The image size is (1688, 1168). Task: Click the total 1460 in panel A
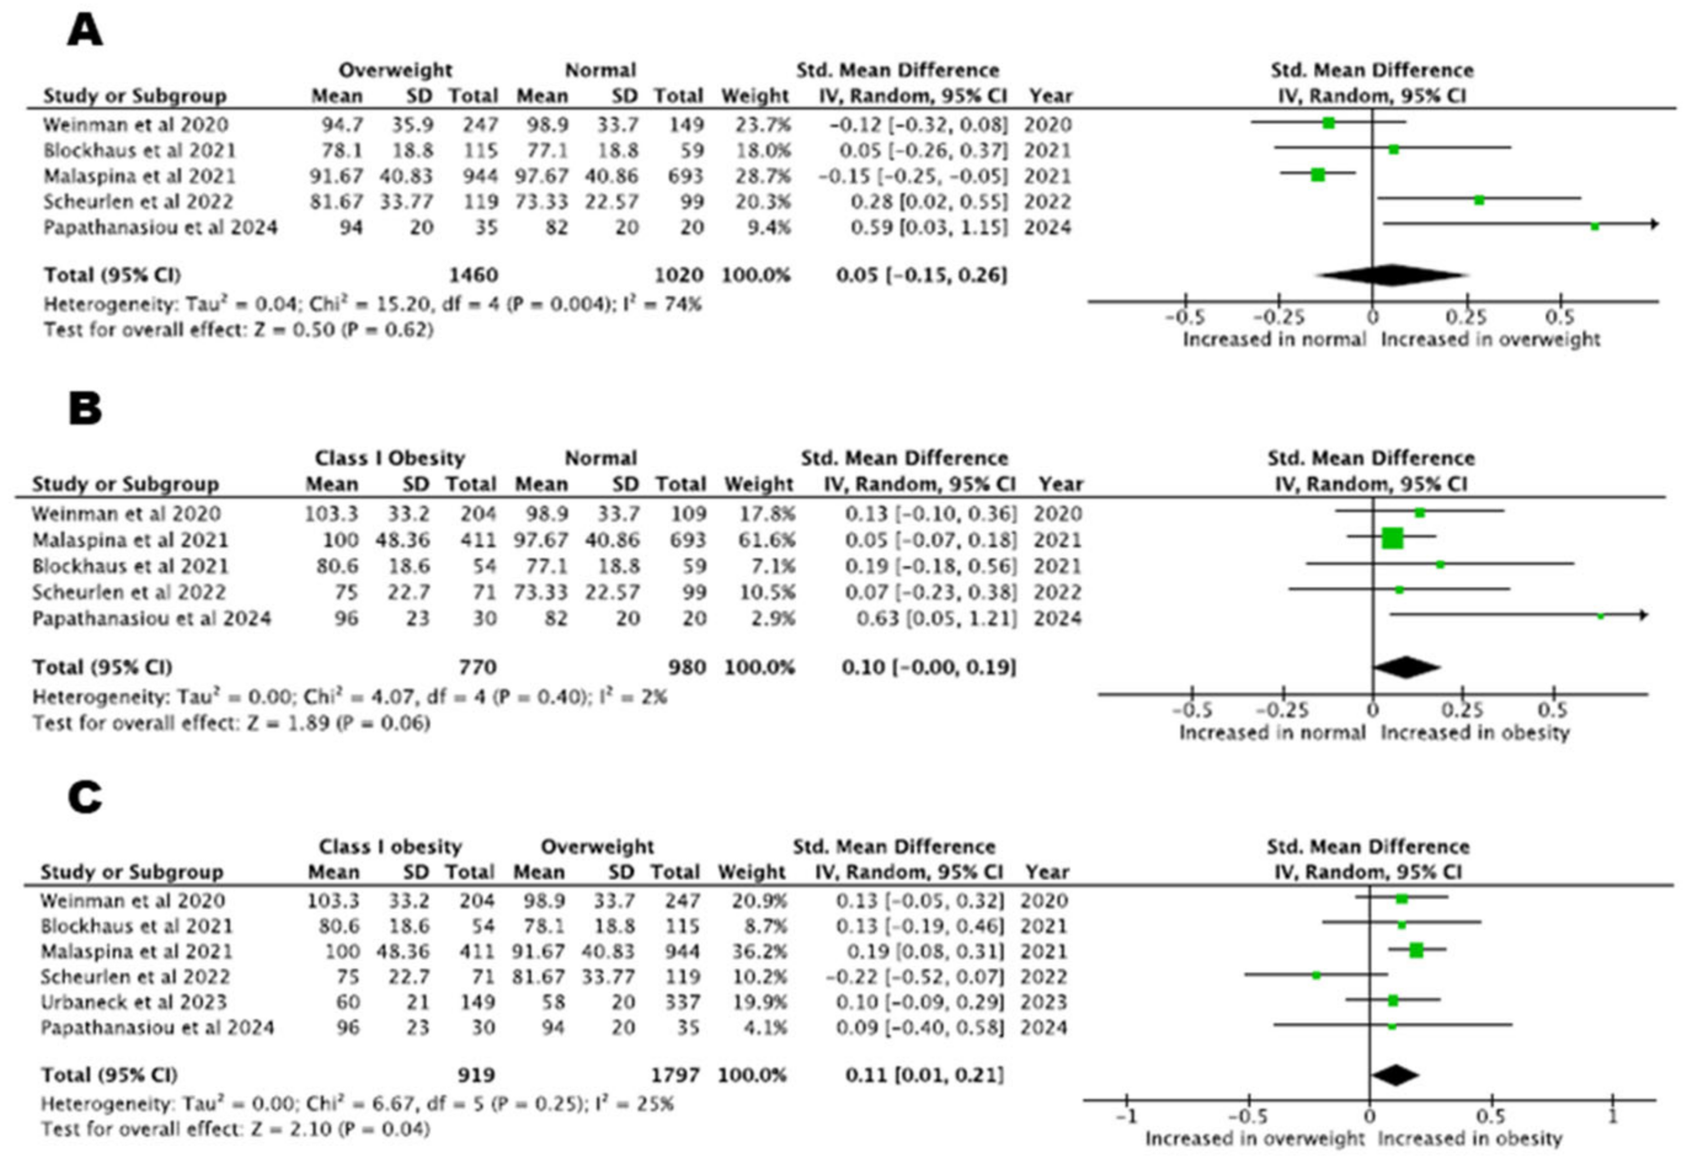(x=474, y=275)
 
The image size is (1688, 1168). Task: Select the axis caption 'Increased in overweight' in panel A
(x=1490, y=340)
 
